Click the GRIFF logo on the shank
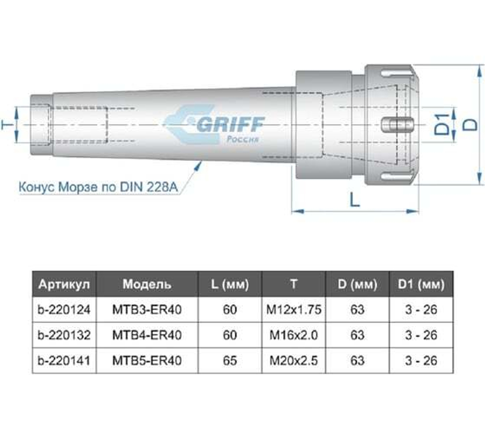point(213,125)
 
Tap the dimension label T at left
point(7,125)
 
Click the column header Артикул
point(64,284)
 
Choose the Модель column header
point(146,284)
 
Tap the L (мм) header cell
point(230,284)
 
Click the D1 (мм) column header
point(420,284)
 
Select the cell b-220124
point(64,309)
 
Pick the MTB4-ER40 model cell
point(146,335)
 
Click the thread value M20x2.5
point(294,361)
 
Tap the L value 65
point(230,361)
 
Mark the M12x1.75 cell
point(294,309)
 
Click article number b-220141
point(64,361)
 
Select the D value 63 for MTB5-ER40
point(357,361)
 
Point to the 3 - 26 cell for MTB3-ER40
point(420,309)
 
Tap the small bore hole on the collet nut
point(399,124)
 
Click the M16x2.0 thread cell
point(294,335)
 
